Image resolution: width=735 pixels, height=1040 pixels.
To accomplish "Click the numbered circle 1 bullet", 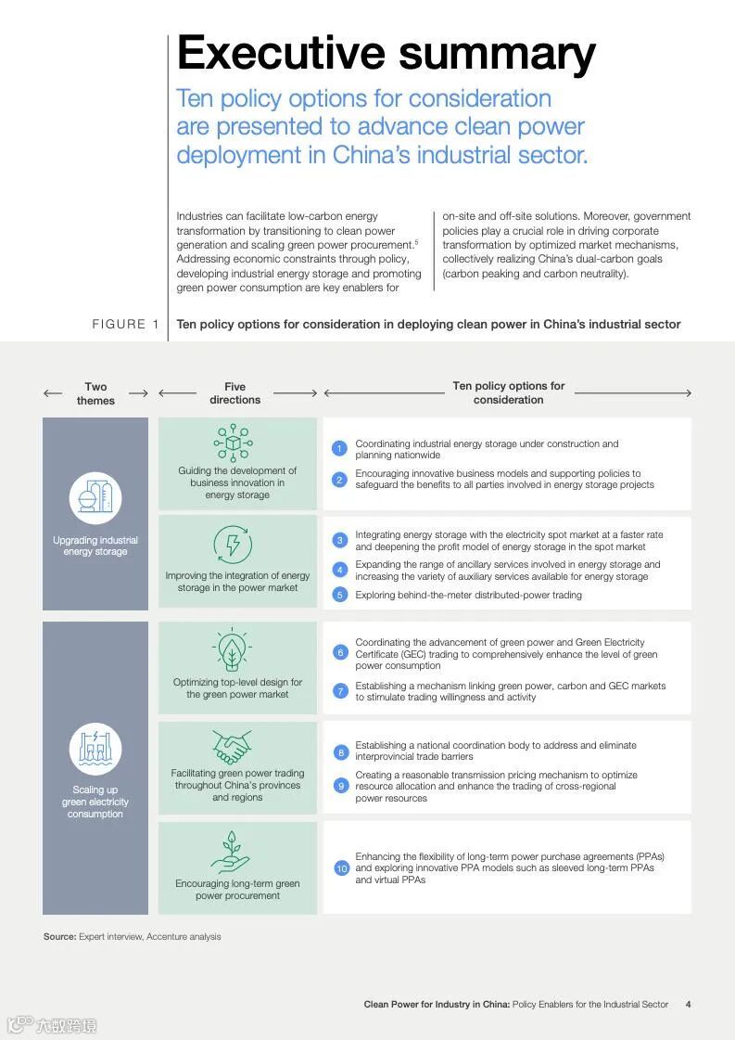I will (339, 449).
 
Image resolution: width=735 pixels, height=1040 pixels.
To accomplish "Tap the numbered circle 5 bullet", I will (339, 595).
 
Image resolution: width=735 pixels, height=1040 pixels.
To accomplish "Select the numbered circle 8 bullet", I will (340, 751).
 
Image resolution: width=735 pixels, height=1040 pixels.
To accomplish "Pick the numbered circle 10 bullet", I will (341, 868).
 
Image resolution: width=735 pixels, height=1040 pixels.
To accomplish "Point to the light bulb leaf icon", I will (231, 650).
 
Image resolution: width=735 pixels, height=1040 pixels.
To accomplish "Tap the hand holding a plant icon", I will (231, 852).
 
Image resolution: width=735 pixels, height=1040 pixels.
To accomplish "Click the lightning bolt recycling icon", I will (232, 545).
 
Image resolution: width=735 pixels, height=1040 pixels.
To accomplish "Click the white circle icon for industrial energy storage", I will (95, 498).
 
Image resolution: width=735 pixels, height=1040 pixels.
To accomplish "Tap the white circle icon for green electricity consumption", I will (95, 749).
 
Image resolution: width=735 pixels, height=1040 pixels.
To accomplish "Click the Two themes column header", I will (95, 393).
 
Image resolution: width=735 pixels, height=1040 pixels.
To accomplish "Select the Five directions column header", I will (234, 393).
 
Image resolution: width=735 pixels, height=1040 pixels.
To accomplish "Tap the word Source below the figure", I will (59, 936).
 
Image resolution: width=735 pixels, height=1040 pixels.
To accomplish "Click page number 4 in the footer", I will (688, 1004).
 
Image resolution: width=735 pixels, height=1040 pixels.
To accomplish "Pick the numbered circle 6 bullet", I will (340, 653).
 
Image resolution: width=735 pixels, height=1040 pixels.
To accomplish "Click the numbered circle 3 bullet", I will (340, 540).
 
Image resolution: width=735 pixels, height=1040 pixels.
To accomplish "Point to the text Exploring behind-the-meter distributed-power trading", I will (468, 595).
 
